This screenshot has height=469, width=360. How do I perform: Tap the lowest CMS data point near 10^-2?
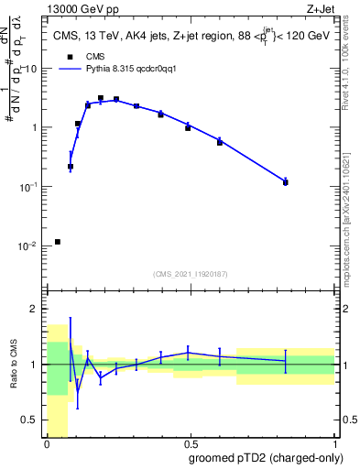pyautogui.click(x=58, y=242)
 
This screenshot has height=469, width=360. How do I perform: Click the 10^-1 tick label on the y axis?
pyautogui.click(x=30, y=187)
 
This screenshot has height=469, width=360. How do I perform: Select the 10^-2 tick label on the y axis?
pyautogui.click(x=30, y=246)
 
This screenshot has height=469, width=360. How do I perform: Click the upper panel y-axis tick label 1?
pyautogui.click(x=36, y=128)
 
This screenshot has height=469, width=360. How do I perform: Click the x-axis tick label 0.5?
pyautogui.click(x=191, y=446)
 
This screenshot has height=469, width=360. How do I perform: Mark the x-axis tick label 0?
pyautogui.click(x=47, y=446)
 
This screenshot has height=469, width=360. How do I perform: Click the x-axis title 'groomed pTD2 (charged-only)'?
pyautogui.click(x=267, y=459)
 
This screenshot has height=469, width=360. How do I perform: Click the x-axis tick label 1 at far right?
pyautogui.click(x=334, y=446)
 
